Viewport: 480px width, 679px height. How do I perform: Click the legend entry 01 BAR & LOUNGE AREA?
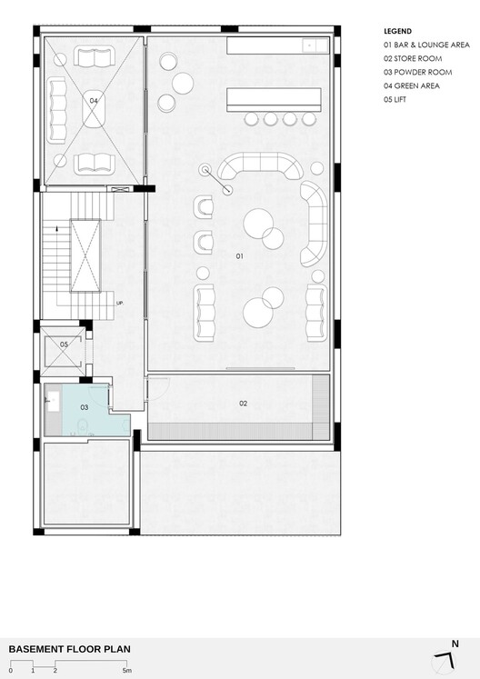(x=426, y=45)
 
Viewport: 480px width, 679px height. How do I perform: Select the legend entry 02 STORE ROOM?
(x=413, y=58)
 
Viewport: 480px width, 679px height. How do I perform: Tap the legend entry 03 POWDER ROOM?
(x=417, y=73)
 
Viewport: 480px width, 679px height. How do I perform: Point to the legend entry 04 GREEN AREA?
(x=412, y=85)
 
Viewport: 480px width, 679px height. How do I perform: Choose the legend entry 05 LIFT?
(x=395, y=100)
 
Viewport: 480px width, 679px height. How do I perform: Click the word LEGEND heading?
(x=397, y=31)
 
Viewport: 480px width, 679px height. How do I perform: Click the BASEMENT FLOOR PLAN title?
(x=69, y=649)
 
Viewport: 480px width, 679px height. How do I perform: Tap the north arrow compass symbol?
(x=445, y=659)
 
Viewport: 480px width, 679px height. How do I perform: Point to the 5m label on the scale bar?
(x=127, y=671)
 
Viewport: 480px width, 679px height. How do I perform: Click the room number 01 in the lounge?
(x=240, y=256)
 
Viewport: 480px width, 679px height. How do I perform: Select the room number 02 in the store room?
(x=243, y=404)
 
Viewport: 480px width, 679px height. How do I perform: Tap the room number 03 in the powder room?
(x=85, y=407)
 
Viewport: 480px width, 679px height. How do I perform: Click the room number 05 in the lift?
(x=65, y=344)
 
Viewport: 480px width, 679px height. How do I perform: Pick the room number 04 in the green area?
(x=94, y=101)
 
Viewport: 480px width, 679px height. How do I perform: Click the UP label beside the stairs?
(x=120, y=303)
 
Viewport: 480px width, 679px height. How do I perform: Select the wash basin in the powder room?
(x=54, y=401)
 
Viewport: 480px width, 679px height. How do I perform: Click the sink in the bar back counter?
(x=315, y=45)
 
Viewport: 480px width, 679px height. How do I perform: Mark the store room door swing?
(x=157, y=389)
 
